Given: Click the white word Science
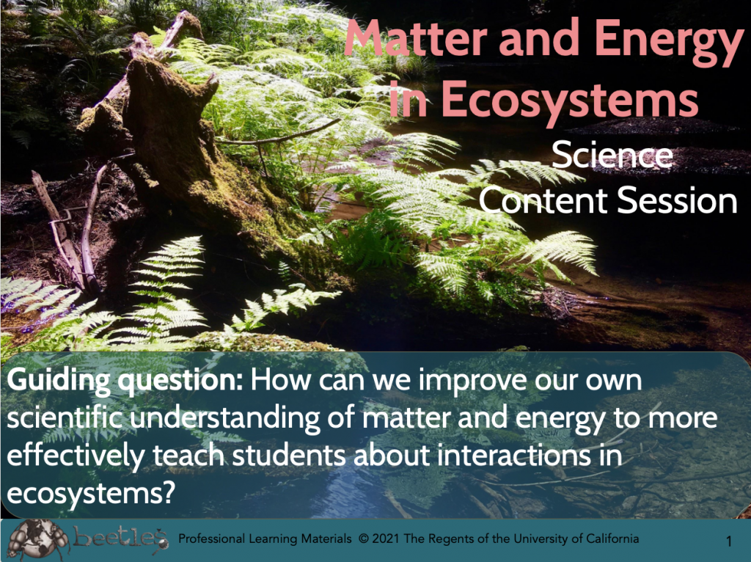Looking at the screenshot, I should point(612,156).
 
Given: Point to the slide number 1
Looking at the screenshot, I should point(728,541).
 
